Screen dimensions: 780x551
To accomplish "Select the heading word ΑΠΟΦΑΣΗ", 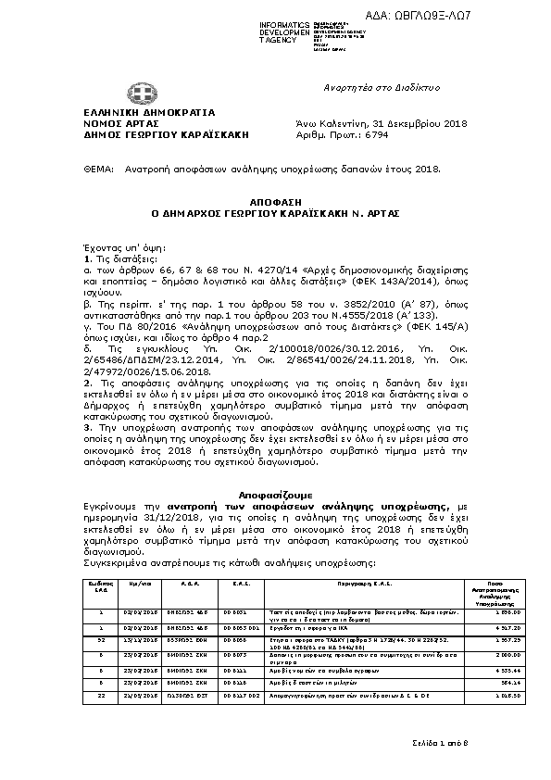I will tap(274, 200).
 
